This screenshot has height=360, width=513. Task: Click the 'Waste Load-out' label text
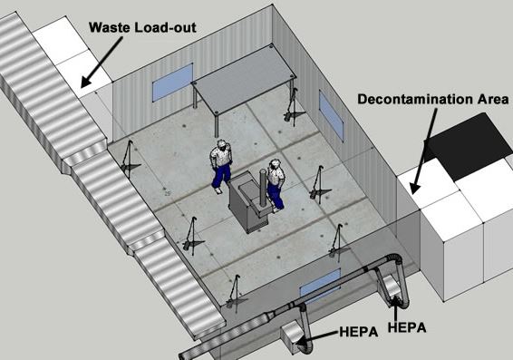[142, 27]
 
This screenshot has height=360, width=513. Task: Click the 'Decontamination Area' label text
[433, 99]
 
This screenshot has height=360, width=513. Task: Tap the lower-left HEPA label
[359, 332]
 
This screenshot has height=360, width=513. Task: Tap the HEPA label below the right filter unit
[407, 327]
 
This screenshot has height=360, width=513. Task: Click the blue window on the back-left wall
[172, 83]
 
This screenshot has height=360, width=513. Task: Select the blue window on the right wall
[331, 115]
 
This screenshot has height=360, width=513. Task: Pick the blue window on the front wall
[321, 285]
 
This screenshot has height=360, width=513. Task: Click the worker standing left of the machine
[220, 167]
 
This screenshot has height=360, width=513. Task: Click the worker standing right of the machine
[275, 184]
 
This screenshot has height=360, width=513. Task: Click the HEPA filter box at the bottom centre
[292, 336]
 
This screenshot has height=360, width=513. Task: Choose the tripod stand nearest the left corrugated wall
[129, 160]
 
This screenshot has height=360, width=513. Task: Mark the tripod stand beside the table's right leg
[294, 107]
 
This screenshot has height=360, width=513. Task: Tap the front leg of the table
[217, 125]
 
